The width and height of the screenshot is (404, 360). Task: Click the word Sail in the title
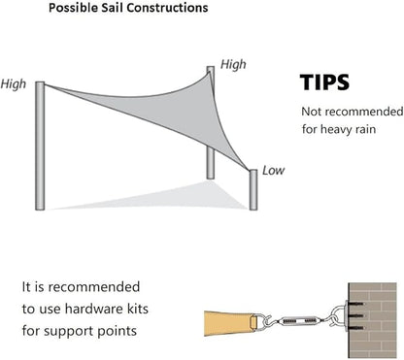click(113, 8)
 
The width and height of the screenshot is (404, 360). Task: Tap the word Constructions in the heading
click(167, 8)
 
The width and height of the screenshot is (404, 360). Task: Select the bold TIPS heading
click(324, 82)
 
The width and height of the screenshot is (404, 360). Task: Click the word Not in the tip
click(312, 112)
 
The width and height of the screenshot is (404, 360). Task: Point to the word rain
click(365, 129)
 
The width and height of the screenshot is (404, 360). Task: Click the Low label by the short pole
click(274, 171)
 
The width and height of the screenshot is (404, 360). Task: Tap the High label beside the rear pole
click(233, 64)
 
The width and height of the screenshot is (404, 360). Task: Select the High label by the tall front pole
click(13, 84)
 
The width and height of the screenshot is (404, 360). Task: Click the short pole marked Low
click(253, 189)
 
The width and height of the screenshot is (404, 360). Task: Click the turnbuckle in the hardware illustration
click(299, 321)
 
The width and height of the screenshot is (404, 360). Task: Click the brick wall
click(372, 320)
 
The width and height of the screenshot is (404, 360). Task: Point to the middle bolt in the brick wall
click(356, 315)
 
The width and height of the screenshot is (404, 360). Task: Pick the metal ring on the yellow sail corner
click(253, 322)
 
